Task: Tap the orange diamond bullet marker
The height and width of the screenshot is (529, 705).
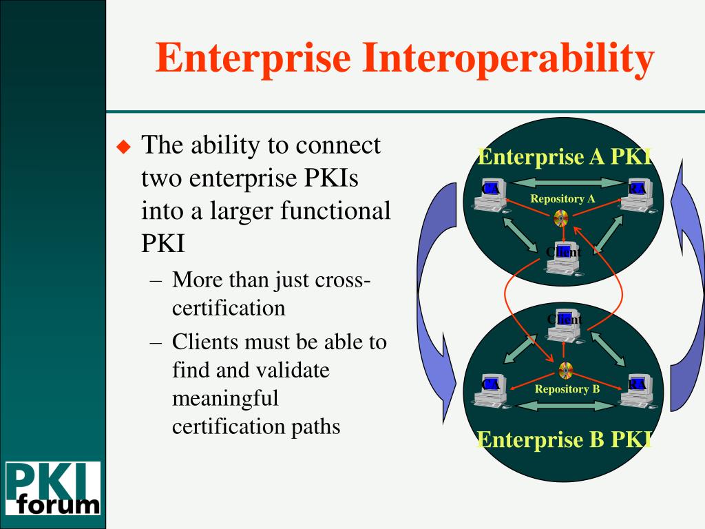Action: (123, 147)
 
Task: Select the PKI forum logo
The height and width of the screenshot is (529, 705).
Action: (53, 488)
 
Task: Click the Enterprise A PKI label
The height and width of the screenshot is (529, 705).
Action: (565, 157)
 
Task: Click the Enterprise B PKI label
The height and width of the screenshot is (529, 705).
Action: (565, 439)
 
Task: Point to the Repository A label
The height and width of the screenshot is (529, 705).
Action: (562, 199)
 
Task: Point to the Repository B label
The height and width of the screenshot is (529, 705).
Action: (567, 389)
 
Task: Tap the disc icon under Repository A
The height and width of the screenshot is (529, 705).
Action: (561, 218)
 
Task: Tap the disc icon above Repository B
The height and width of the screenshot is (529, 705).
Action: (566, 371)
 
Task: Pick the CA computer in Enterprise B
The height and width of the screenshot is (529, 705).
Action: (492, 389)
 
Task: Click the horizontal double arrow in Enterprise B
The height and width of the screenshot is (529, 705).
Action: (563, 406)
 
